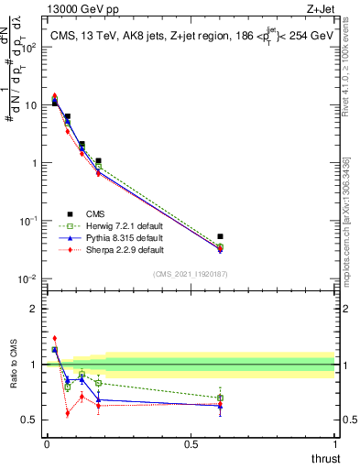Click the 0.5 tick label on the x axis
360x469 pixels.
click(191, 446)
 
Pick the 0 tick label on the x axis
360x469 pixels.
click(46, 446)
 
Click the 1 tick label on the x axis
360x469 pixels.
click(334, 446)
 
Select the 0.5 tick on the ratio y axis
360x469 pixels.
click(29, 420)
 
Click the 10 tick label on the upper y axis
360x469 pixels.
click(30, 105)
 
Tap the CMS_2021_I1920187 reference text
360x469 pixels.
click(191, 274)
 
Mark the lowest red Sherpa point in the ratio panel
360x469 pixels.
click(67, 413)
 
